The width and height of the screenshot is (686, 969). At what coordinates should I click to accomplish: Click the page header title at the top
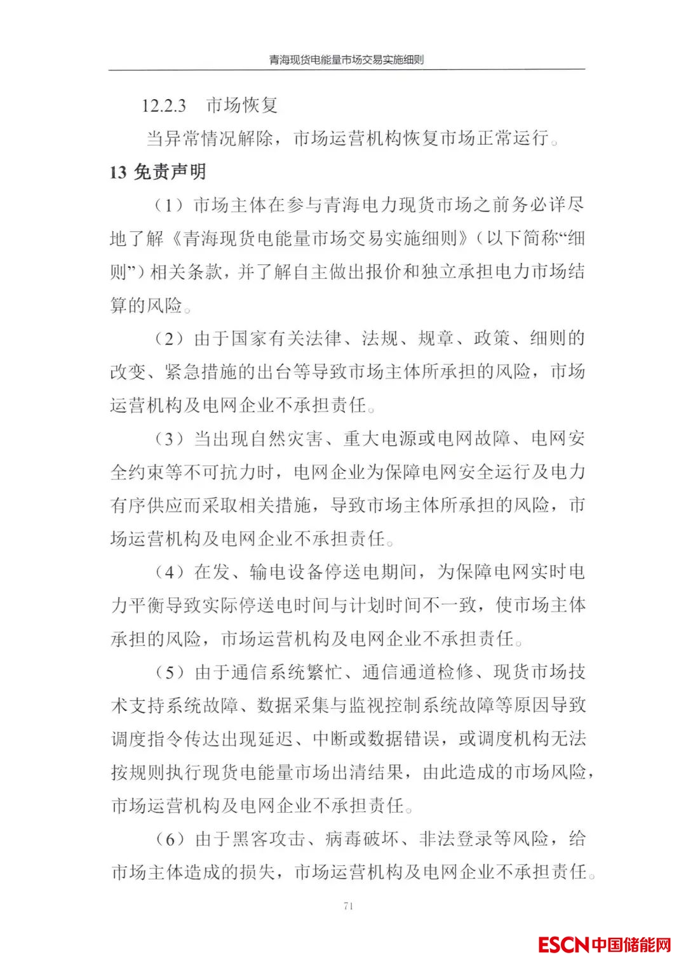[x=346, y=60]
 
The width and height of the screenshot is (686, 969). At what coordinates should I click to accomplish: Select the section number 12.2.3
[x=163, y=105]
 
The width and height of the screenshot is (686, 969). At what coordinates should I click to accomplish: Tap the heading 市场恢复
[x=242, y=105]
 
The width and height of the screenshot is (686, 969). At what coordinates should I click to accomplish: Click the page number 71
[x=347, y=906]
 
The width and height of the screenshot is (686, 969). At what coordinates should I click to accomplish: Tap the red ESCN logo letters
[x=563, y=945]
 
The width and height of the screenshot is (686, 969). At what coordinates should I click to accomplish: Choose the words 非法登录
[x=455, y=839]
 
